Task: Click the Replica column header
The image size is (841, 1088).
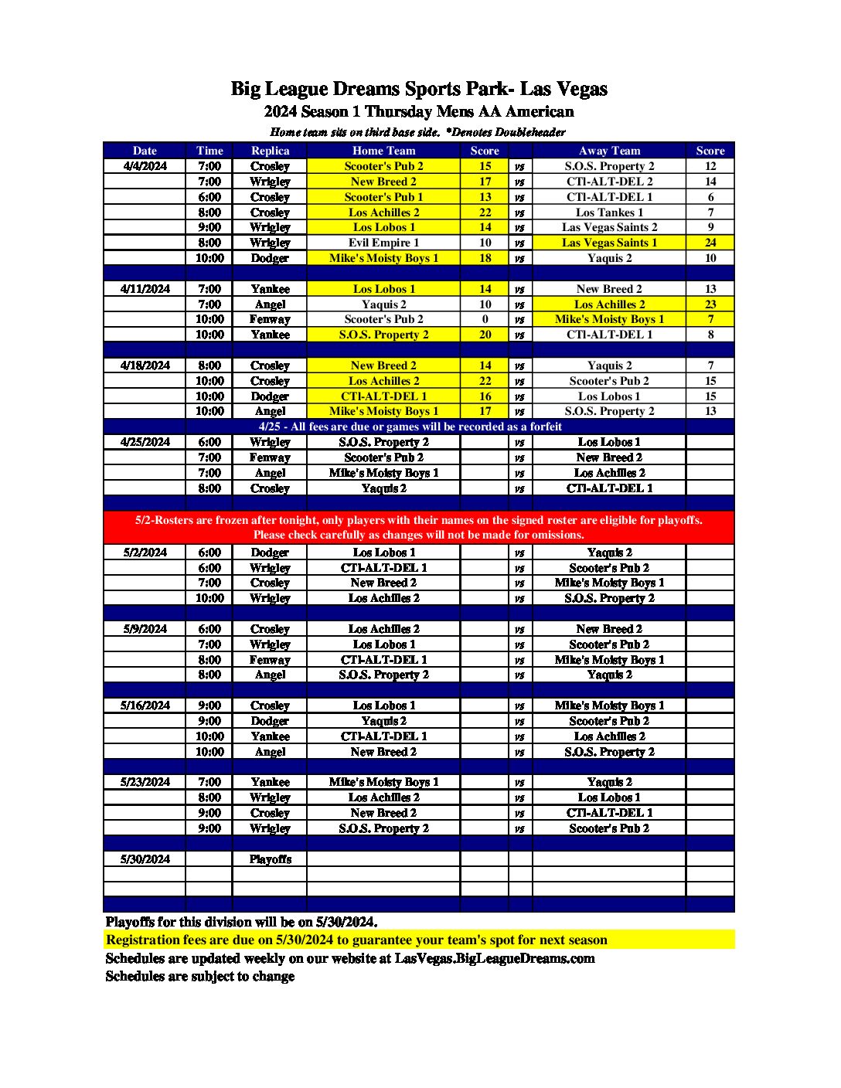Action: point(270,151)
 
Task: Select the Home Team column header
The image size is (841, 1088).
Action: point(383,151)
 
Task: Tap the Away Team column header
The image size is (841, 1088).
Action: point(609,151)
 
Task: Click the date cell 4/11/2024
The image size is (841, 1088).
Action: point(145,289)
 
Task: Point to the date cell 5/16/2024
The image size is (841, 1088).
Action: point(145,705)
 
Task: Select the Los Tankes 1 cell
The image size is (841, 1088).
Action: point(609,212)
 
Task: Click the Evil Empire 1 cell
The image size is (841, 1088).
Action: point(383,243)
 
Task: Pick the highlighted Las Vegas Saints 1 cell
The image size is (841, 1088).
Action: point(609,243)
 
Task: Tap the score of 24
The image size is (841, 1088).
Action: point(710,243)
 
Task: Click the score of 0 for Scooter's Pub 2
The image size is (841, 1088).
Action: point(485,319)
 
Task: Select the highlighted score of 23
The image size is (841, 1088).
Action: point(710,304)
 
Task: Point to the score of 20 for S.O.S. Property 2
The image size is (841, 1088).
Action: point(485,335)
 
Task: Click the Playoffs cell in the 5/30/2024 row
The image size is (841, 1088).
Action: point(270,859)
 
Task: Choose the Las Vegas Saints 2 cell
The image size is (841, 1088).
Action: point(609,227)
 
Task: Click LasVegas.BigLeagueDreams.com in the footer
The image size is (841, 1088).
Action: point(495,958)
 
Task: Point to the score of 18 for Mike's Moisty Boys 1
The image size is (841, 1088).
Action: point(485,258)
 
